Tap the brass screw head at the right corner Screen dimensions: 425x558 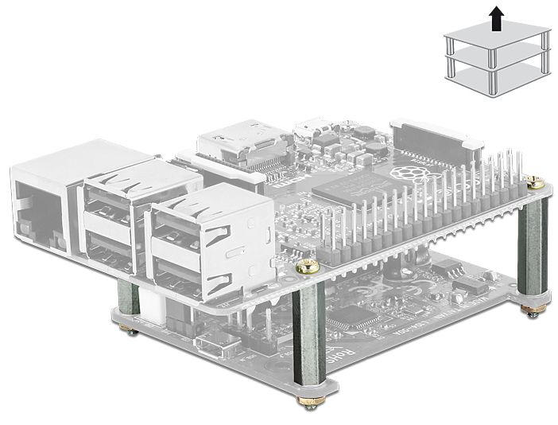coord(536,182)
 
